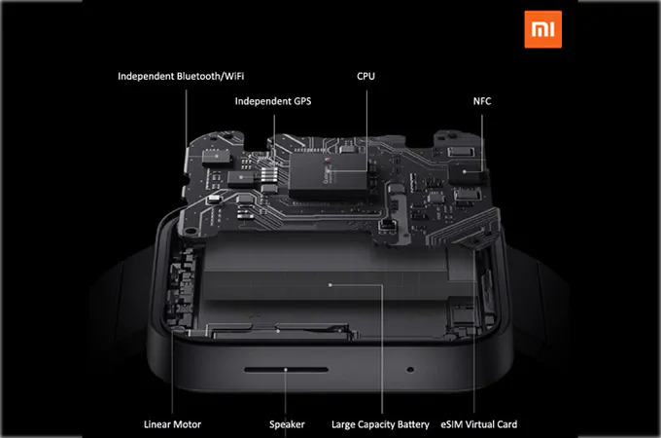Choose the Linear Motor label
point(171,424)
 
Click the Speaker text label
point(287,424)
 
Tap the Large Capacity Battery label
point(381,424)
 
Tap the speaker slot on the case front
point(286,371)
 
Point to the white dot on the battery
point(331,285)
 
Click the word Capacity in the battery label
point(370,424)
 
